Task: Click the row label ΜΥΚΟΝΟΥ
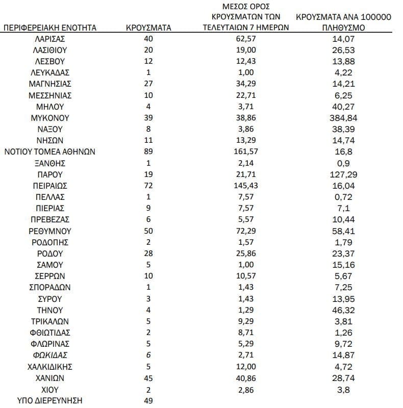(50, 118)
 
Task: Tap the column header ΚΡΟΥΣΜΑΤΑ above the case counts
(148, 28)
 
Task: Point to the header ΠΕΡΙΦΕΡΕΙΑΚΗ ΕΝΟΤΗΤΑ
(50, 28)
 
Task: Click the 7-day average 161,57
(246, 151)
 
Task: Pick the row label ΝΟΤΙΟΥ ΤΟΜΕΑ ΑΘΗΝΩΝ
(50, 151)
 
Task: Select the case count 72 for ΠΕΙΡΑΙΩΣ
(148, 185)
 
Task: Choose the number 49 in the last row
(148, 400)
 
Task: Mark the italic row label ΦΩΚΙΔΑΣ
(50, 355)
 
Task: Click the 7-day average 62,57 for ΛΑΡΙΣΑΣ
(246, 39)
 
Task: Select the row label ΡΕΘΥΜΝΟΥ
(50, 231)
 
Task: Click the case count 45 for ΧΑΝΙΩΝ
(148, 378)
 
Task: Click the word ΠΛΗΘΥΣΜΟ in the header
(344, 28)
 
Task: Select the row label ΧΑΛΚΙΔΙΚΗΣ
(50, 367)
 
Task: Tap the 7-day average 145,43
(246, 185)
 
